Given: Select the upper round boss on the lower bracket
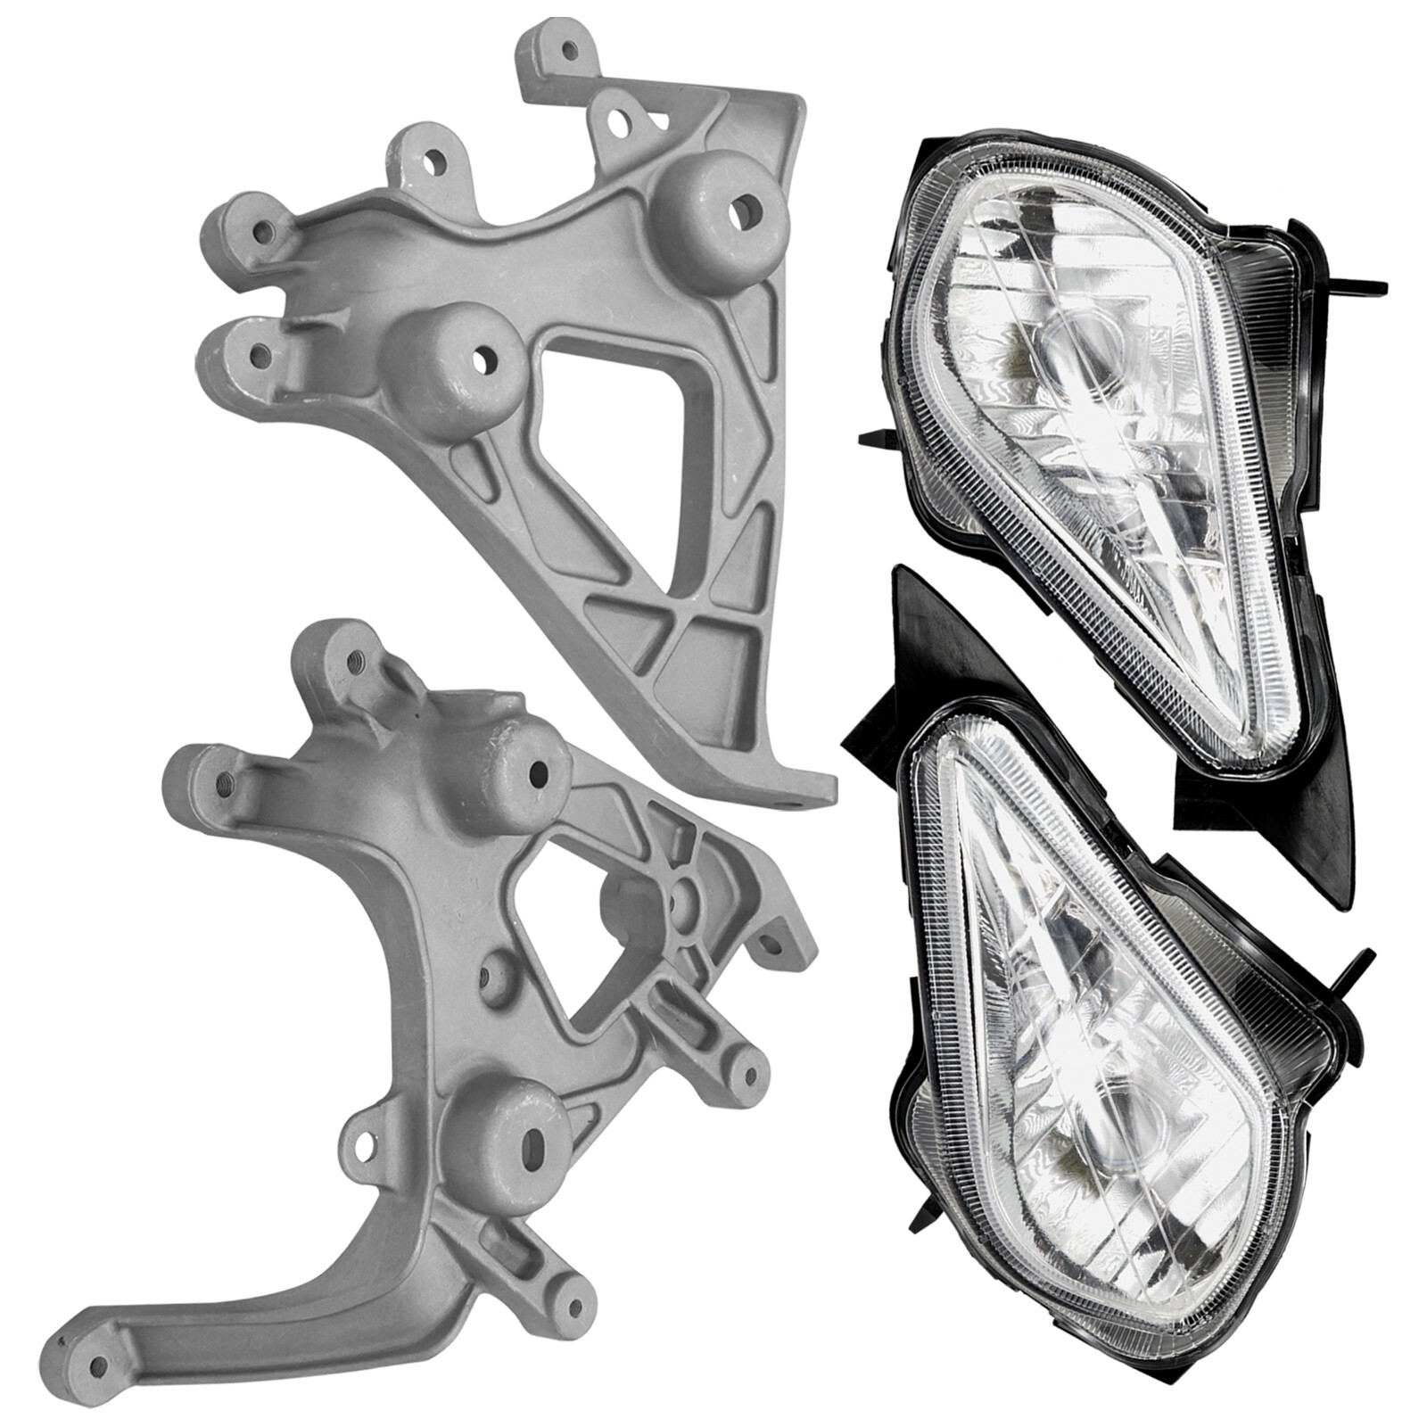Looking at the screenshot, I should point(521,772).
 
